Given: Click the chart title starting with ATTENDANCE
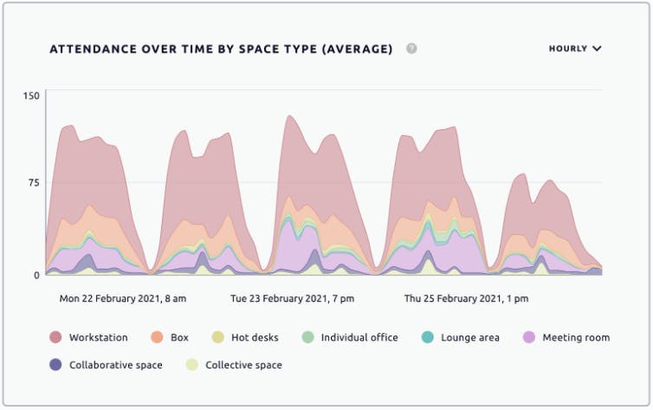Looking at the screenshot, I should pos(221,49).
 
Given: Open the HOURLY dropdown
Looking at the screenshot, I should pos(574,49).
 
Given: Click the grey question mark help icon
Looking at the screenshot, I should pos(411,49).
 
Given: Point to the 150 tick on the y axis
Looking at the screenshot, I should pos(31,95).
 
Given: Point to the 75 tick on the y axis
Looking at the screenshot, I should pos(34,183).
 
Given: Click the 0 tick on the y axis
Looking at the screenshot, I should pos(36,275).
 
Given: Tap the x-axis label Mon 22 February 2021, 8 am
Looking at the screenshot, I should pos(123,298).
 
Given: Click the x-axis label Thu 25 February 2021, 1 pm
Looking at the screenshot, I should pos(466,298).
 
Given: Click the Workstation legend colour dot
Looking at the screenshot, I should pos(55,337).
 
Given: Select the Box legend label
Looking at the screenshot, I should pos(179,337).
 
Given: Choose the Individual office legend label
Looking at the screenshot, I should pos(359,337).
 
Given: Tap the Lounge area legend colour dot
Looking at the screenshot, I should pos(427,337).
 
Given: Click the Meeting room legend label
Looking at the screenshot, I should pos(576,337).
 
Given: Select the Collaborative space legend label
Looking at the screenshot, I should pos(116,365).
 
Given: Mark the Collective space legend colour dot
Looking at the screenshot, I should pos(191,365).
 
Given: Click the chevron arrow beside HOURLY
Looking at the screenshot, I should pos(597,49).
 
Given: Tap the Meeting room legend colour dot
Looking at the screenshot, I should pos(528,337).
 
